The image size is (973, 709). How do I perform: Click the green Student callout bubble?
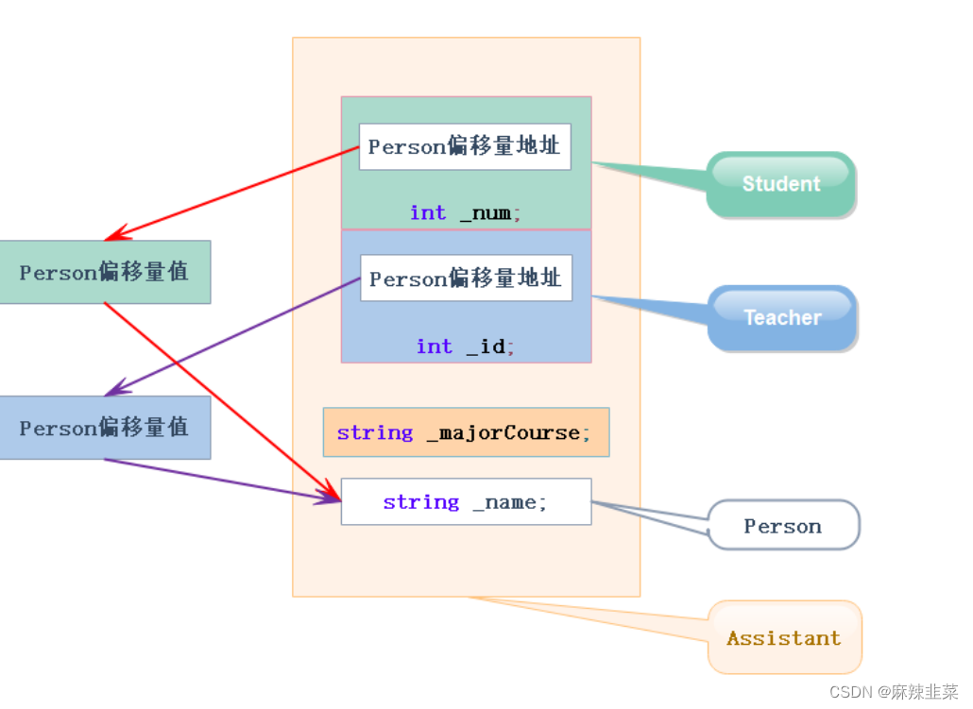(781, 184)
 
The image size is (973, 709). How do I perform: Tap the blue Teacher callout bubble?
(782, 317)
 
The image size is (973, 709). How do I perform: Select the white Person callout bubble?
(783, 526)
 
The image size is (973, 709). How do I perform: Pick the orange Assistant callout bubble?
(784, 638)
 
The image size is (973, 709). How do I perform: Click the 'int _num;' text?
(466, 213)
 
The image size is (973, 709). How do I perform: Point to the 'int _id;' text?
(466, 346)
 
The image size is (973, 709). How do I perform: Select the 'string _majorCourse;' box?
(466, 432)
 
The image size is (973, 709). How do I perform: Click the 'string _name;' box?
(466, 501)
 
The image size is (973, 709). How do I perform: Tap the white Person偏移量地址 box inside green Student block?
(465, 146)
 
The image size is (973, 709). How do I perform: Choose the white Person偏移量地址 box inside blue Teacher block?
(466, 279)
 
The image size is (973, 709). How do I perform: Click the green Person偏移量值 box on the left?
(104, 272)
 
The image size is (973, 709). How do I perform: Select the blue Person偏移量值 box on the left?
(104, 428)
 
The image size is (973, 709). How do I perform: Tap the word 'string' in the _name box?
(420, 502)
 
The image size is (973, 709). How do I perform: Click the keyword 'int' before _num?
(428, 213)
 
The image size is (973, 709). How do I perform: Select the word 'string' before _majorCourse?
(374, 432)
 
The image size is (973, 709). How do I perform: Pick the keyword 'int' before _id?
(435, 346)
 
